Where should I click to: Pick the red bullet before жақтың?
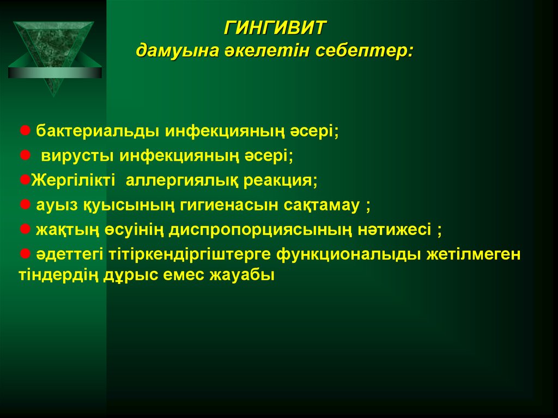point(25,229)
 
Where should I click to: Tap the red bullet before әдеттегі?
point(25,253)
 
